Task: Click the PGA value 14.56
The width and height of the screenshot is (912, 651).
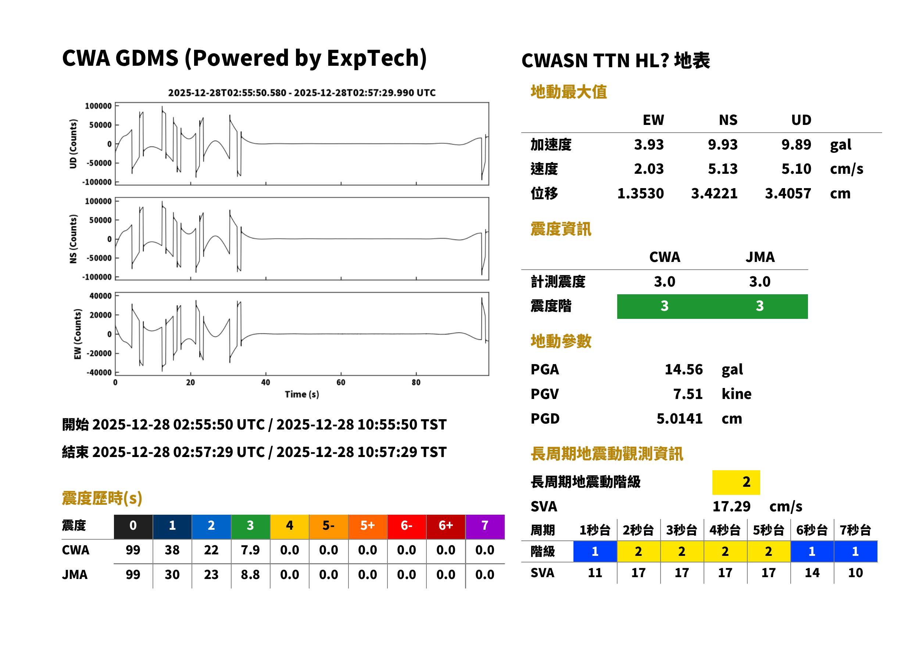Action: point(683,369)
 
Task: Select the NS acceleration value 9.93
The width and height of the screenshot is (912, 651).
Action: point(722,144)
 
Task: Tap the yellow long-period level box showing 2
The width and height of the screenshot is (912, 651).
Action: point(736,482)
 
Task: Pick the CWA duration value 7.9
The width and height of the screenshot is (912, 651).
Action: point(250,550)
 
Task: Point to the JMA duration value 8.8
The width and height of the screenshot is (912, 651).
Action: point(250,575)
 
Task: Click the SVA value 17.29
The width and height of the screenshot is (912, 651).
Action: point(731,506)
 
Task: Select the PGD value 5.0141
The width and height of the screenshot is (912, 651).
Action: point(679,418)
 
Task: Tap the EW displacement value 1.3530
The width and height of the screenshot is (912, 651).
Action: point(640,194)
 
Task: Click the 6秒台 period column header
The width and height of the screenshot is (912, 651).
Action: point(812,530)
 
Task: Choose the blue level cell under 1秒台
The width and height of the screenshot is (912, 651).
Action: point(595,551)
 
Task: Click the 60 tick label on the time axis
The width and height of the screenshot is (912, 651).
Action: point(341,382)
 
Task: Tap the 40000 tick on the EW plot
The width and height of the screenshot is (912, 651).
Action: point(100,296)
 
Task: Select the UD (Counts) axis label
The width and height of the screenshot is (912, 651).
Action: point(73,144)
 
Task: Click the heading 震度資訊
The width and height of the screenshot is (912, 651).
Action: point(561,229)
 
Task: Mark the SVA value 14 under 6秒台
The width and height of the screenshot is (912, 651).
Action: point(812,572)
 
